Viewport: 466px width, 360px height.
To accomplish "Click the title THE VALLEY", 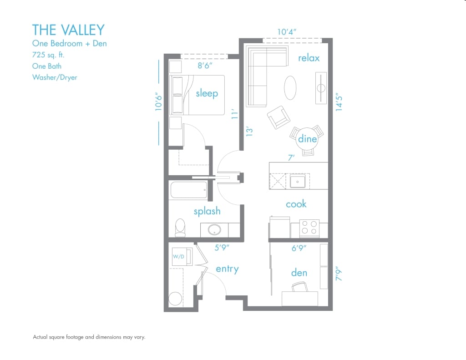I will [68, 30].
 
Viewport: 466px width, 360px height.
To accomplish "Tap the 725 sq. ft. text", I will [48, 55].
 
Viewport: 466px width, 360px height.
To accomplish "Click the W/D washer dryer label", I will [178, 257].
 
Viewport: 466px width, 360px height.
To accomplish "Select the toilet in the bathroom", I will [180, 227].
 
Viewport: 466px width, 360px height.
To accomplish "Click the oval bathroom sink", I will [215, 229].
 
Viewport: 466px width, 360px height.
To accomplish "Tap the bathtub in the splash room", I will [188, 190].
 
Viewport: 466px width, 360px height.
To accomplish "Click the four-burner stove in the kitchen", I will [309, 228].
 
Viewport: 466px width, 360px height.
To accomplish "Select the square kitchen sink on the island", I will [298, 182].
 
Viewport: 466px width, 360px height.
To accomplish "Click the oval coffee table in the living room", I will [292, 87].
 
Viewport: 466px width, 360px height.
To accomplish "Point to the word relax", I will [309, 58].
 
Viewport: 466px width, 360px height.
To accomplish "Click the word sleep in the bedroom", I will [207, 93].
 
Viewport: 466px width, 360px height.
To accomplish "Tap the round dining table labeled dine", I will [307, 139].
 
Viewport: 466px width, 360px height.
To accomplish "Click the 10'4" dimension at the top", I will [287, 32].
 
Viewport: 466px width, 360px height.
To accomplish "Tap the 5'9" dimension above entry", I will [222, 248].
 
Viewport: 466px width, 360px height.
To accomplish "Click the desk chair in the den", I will [299, 287].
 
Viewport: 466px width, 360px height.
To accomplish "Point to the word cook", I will [296, 204].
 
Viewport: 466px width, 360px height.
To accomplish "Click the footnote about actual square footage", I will [89, 337].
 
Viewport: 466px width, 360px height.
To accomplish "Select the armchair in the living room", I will [278, 118].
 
